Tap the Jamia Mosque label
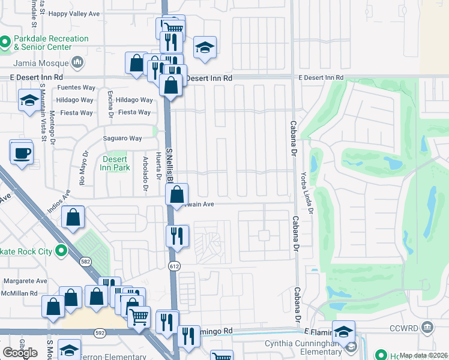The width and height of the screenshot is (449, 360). (41, 62)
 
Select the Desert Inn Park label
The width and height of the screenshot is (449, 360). (115, 163)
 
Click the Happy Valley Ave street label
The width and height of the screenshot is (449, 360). (74, 14)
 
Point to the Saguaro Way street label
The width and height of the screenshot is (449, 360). (122, 139)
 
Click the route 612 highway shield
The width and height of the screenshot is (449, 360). (174, 265)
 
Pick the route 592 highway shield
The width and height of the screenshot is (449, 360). (100, 332)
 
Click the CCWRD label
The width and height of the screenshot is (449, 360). (403, 328)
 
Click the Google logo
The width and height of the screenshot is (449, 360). (20, 352)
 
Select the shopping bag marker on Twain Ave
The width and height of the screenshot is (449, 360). (177, 195)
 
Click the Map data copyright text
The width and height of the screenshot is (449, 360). (424, 355)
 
